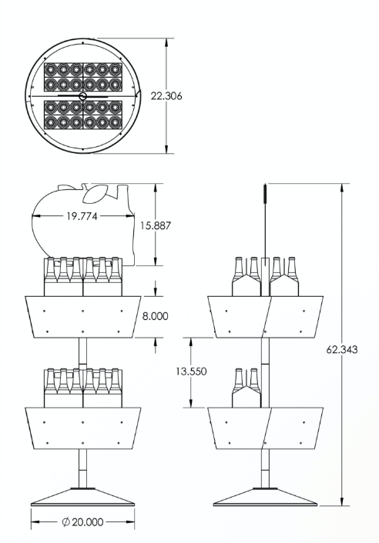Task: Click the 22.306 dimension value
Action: [x=166, y=96]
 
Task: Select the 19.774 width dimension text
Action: [x=82, y=216]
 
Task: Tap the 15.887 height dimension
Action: [x=156, y=226]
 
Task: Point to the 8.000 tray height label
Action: [x=155, y=316]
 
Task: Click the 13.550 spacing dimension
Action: [x=191, y=371]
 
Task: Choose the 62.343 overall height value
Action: [x=342, y=349]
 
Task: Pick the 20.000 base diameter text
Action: [x=88, y=522]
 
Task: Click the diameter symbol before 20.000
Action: [x=66, y=522]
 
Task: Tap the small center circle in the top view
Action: [x=82, y=96]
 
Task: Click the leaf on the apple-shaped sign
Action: [x=95, y=194]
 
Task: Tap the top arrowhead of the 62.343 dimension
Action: [x=342, y=188]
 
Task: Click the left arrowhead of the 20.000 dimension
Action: [x=35, y=521]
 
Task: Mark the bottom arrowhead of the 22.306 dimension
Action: [x=167, y=149]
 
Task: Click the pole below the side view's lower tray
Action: [x=265, y=469]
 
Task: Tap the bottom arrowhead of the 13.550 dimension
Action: [x=191, y=403]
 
